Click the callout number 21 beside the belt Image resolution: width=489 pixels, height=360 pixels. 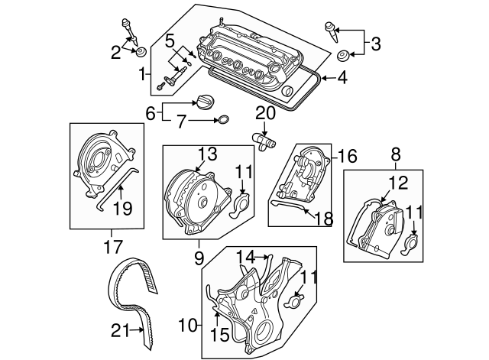[x=119, y=331]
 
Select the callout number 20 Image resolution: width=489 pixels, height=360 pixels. [x=264, y=113]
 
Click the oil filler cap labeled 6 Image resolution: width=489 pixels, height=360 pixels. [x=205, y=103]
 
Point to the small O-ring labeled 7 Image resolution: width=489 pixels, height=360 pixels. [x=223, y=120]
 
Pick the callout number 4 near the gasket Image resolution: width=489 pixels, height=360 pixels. [x=342, y=76]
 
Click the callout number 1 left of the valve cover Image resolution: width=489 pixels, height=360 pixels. [x=143, y=74]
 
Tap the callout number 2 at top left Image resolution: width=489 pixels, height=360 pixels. [x=115, y=52]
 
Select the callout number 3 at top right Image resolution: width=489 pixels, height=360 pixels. [x=375, y=44]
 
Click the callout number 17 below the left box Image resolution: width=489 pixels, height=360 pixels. [x=112, y=246]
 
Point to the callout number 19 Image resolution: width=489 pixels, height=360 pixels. [x=123, y=208]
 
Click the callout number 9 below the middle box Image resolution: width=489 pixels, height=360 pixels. [x=199, y=258]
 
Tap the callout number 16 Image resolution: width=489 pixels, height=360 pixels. [x=348, y=157]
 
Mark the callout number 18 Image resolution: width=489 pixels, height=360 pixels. [x=324, y=219]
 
